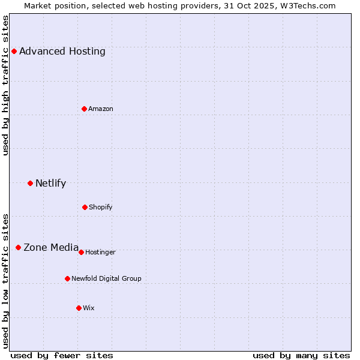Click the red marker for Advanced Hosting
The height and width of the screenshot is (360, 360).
(x=14, y=51)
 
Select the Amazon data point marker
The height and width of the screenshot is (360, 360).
(x=84, y=109)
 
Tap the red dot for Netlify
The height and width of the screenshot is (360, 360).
(x=30, y=183)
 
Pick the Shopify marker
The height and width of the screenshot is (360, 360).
(x=85, y=207)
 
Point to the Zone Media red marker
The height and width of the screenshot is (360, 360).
(x=18, y=247)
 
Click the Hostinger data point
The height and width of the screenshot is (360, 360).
(x=81, y=252)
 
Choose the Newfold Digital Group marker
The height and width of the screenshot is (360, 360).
(x=67, y=278)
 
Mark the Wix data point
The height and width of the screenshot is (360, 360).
(x=79, y=308)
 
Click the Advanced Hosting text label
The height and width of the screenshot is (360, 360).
(x=62, y=51)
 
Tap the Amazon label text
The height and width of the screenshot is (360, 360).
(x=101, y=109)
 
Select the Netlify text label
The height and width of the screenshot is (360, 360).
(x=50, y=183)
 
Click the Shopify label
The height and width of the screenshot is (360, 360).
(x=101, y=207)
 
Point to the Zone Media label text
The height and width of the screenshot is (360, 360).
(x=51, y=247)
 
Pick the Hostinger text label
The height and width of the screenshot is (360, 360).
(x=100, y=252)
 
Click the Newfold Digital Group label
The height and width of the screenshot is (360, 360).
(x=106, y=278)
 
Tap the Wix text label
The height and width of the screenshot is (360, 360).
(x=89, y=308)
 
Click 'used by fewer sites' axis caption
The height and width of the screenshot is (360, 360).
(x=61, y=355)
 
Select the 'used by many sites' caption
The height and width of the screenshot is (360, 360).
(x=301, y=355)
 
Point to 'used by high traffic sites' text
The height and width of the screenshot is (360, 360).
(x=6, y=85)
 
